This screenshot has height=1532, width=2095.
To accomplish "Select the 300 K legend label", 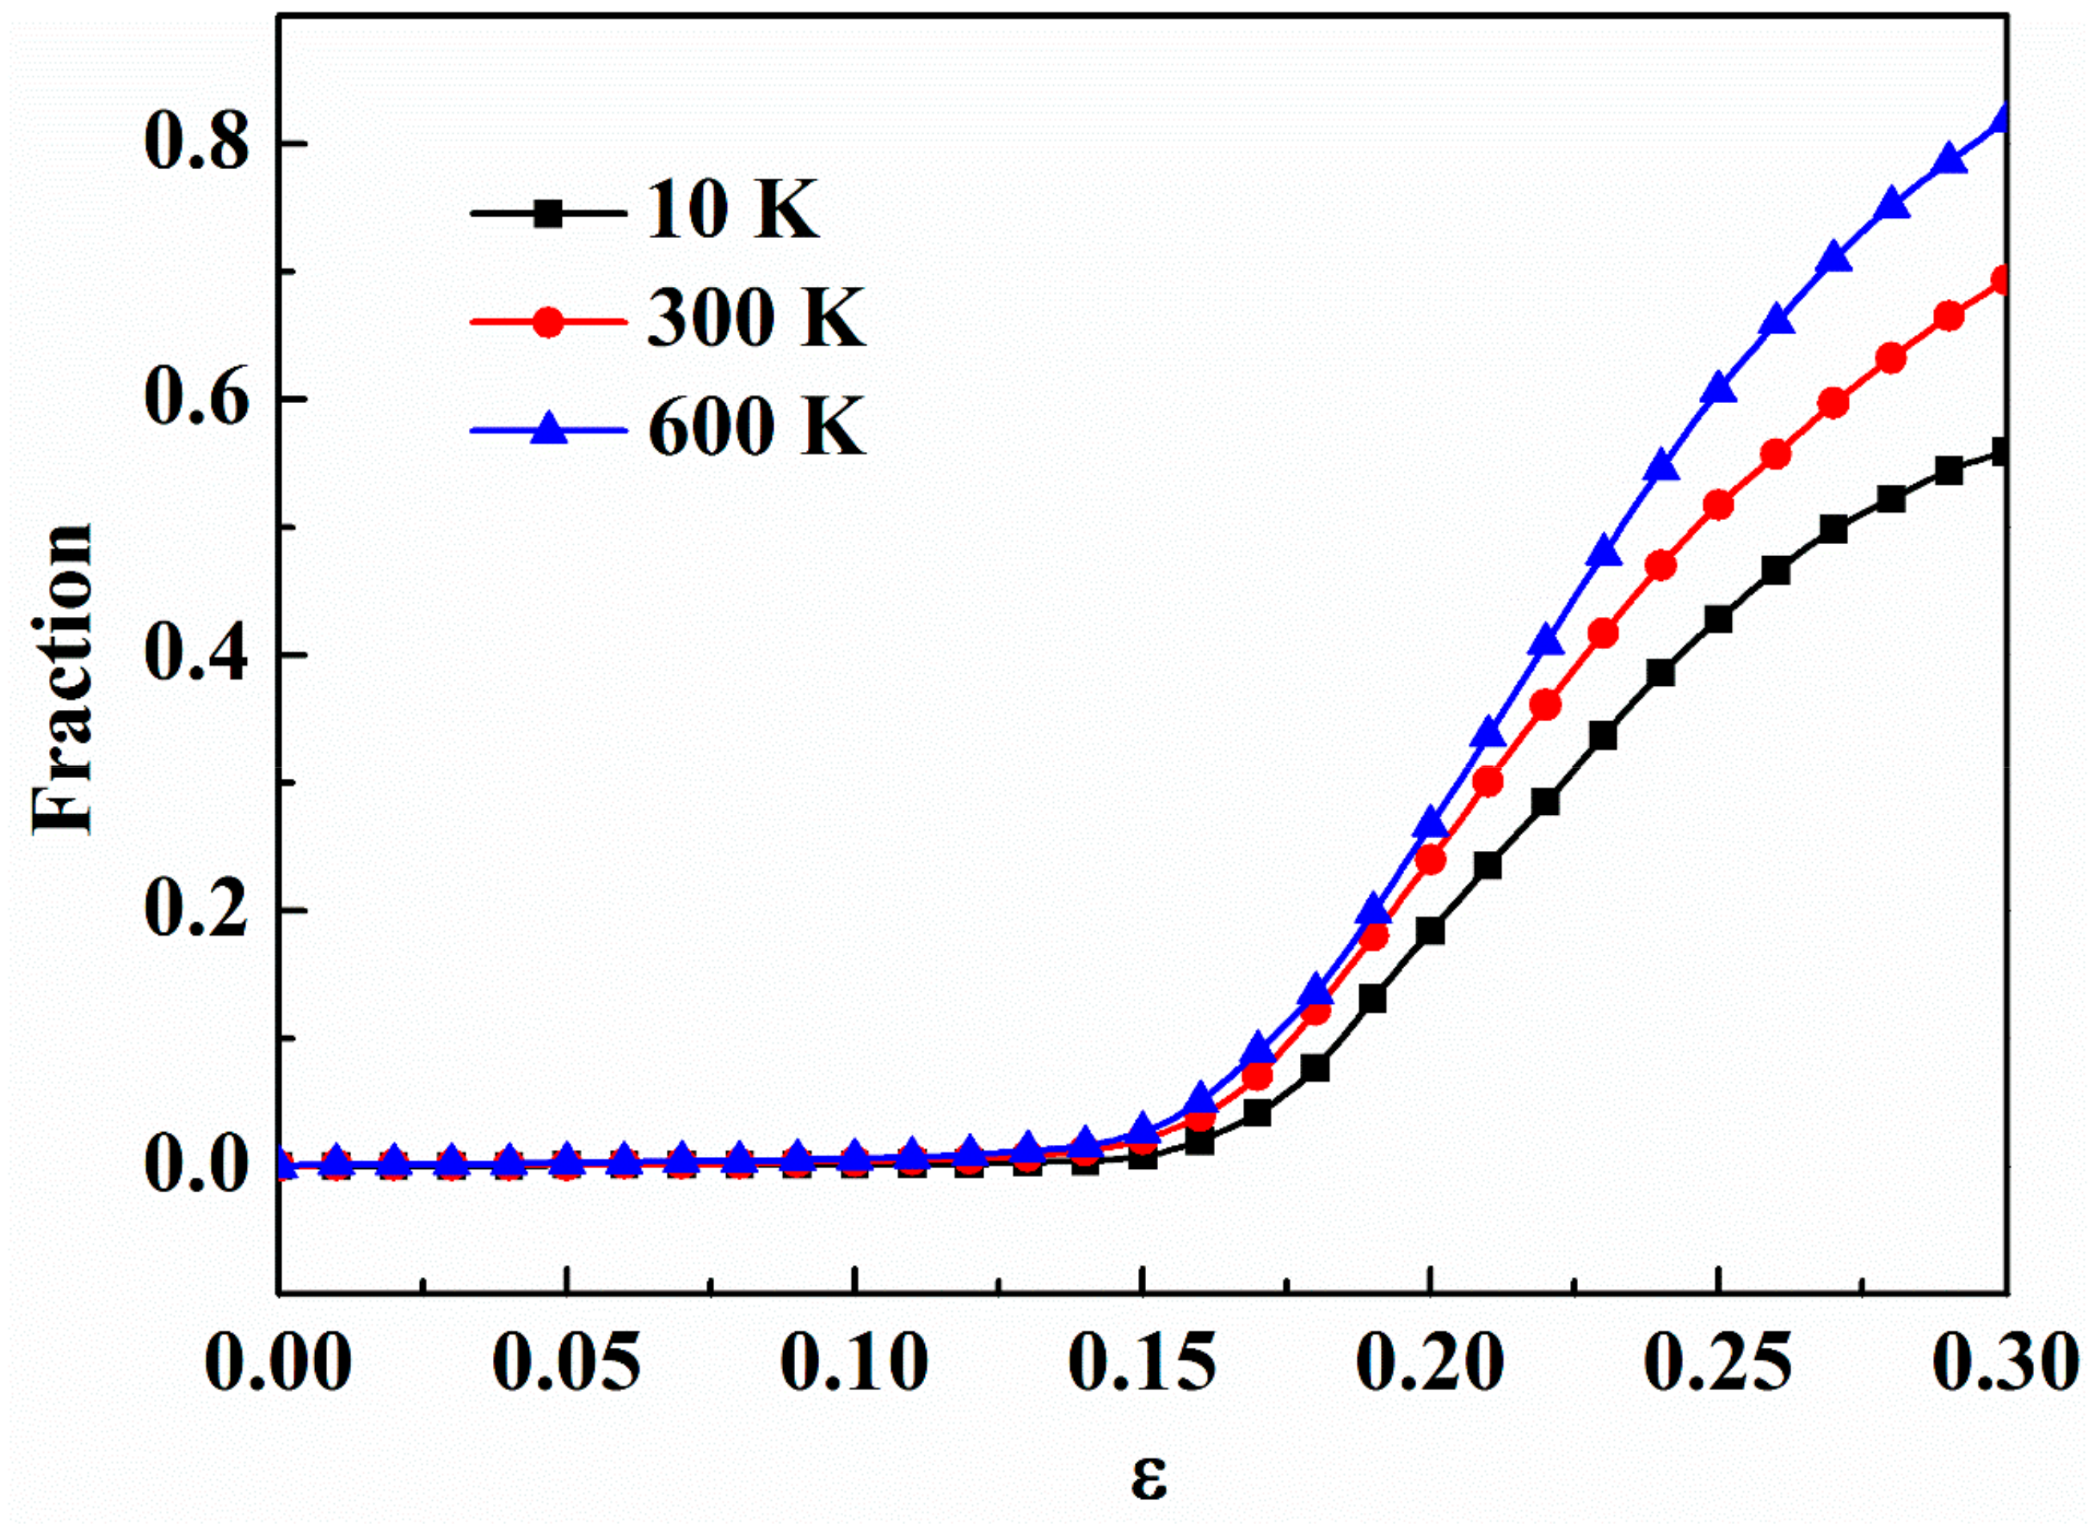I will coord(755,318).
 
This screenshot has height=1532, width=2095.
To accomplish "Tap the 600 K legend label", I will coord(755,426).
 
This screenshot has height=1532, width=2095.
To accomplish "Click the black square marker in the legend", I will coord(549,212).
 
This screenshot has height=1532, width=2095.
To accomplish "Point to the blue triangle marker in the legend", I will coord(549,429).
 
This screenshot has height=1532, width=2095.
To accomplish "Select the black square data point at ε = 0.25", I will coord(1718,619).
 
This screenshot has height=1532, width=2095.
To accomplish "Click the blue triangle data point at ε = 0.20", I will coord(1431,821).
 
